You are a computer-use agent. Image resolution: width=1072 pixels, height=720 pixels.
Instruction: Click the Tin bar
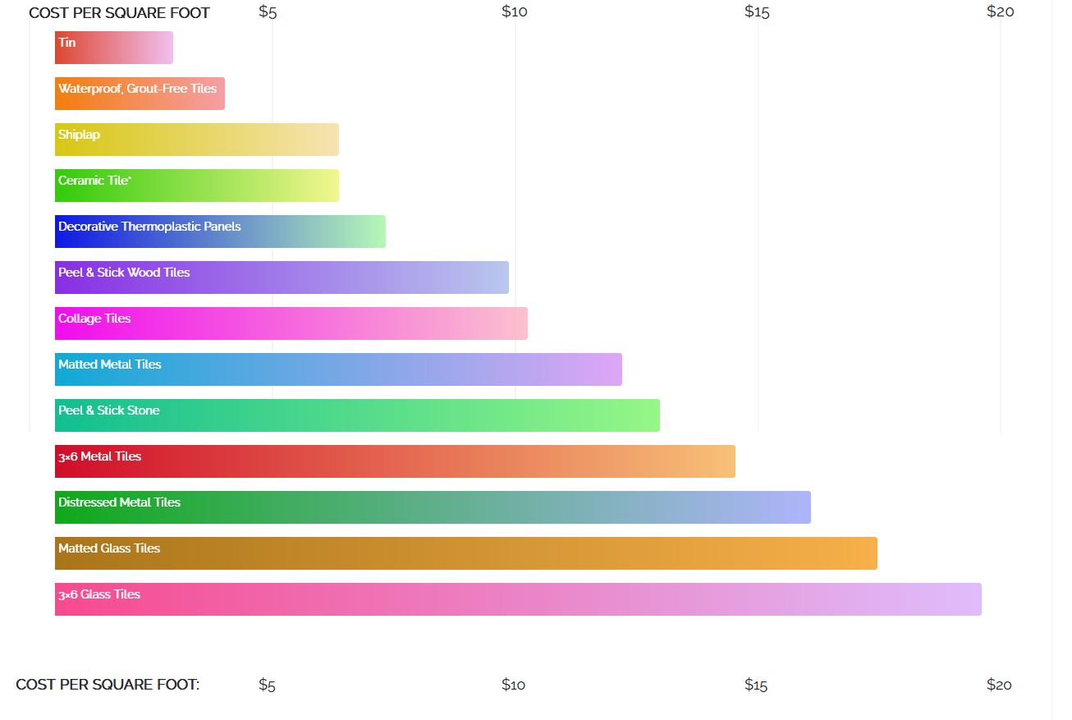tap(113, 48)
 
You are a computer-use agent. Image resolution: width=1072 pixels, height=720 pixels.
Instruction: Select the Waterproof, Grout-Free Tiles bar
tap(140, 94)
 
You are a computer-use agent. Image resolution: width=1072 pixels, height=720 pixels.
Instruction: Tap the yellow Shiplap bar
tap(196, 140)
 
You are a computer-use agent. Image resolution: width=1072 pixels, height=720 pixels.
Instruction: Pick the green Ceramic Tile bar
tap(196, 186)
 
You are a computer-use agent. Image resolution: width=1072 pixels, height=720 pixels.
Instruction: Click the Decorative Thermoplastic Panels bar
tap(220, 232)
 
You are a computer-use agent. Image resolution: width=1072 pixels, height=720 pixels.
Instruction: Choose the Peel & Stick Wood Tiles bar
tap(282, 277)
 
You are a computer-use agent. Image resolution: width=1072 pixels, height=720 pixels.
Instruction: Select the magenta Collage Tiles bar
tap(291, 323)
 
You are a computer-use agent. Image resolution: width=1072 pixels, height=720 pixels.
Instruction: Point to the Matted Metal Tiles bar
tap(338, 369)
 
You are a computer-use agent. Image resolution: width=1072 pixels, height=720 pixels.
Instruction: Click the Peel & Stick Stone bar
tap(357, 415)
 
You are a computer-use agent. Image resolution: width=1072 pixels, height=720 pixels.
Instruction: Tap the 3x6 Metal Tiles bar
tap(395, 461)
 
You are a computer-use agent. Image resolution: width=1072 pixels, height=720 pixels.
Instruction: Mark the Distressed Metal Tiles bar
tap(433, 507)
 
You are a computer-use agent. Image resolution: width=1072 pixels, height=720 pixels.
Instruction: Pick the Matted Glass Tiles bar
tap(465, 553)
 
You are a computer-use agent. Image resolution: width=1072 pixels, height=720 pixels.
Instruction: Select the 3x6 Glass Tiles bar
tap(518, 599)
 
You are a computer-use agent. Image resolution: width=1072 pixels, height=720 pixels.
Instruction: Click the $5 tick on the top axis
tap(268, 11)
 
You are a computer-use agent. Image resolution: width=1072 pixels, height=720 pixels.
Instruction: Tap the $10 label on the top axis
tap(515, 11)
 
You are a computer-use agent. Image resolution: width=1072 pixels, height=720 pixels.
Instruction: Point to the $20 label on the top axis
tap(1001, 11)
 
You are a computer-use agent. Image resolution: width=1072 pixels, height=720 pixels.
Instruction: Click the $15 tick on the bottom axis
tap(756, 685)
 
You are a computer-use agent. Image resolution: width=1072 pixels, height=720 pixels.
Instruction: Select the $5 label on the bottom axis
tap(267, 685)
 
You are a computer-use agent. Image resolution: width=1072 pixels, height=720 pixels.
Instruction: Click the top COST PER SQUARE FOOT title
tap(119, 13)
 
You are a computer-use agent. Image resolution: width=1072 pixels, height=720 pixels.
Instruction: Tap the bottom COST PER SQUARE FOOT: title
tap(108, 685)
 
